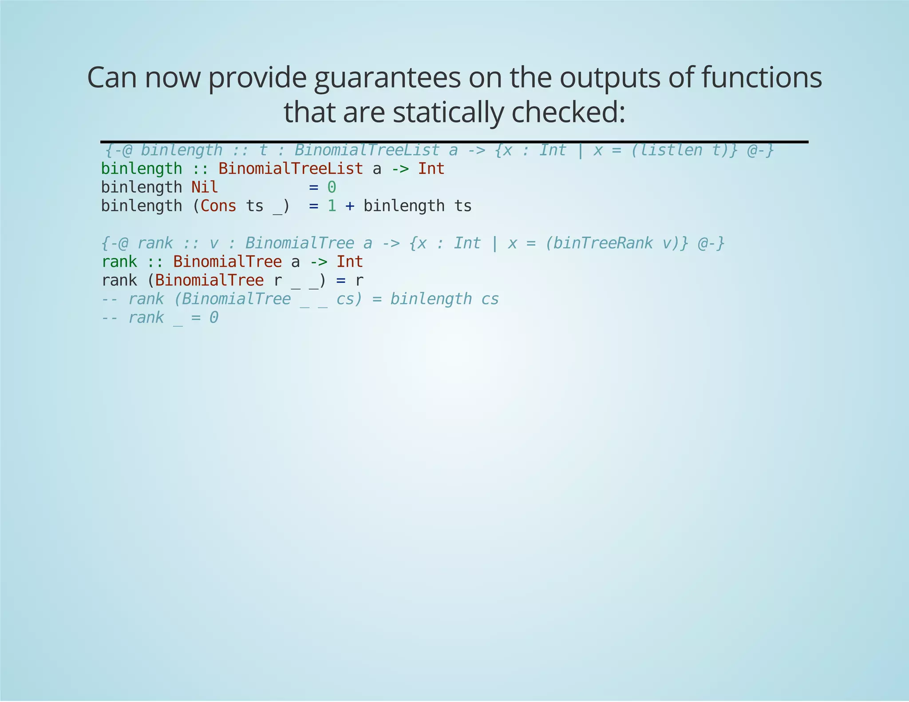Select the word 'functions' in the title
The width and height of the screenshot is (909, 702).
[761, 78]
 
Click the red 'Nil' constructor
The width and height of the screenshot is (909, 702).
[205, 187]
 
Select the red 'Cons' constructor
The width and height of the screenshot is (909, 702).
[218, 206]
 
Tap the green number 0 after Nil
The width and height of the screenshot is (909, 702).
[332, 187]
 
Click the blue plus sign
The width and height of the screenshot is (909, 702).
[350, 206]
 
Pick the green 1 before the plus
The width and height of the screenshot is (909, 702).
[332, 206]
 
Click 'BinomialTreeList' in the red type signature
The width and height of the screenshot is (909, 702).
[290, 169]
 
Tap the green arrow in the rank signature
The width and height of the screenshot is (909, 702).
[318, 262]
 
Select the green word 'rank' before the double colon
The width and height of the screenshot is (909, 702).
[119, 262]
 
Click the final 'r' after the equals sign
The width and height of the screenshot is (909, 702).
[359, 280]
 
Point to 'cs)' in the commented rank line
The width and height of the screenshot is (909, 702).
[349, 299]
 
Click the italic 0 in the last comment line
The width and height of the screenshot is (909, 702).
[213, 318]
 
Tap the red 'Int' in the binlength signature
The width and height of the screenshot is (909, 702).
[431, 169]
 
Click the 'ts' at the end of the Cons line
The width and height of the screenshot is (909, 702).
[462, 206]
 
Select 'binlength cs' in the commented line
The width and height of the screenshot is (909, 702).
[444, 299]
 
